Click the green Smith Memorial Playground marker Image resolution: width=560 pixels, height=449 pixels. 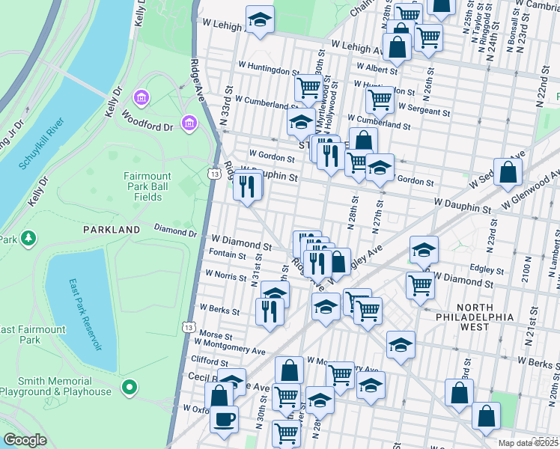pyautogui.click(x=130, y=387)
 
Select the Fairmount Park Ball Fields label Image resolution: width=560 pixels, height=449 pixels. pyautogui.click(x=147, y=186)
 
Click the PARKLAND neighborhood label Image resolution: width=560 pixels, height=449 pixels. pyautogui.click(x=112, y=229)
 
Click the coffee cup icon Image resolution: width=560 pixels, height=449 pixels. pyautogui.click(x=224, y=419)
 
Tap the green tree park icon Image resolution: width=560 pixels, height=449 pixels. pyautogui.click(x=28, y=238)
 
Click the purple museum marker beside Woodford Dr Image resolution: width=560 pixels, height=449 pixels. pyautogui.click(x=188, y=121)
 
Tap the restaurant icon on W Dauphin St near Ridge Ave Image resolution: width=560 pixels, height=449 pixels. pyautogui.click(x=248, y=186)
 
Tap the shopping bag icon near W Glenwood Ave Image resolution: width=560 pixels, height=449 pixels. pyautogui.click(x=508, y=172)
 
